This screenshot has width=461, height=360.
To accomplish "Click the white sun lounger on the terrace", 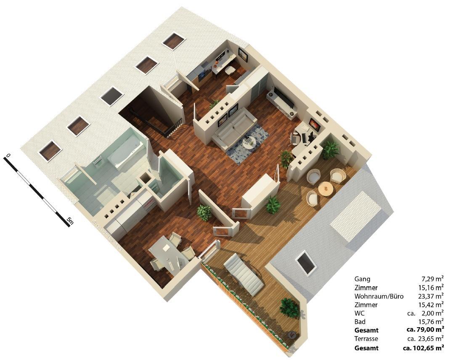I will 243,273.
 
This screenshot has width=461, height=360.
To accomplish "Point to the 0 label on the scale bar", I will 8,156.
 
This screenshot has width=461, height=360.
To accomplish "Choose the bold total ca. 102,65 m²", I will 424,348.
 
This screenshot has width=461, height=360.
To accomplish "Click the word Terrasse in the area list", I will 366,339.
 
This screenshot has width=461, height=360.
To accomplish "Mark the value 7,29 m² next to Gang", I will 433,279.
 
